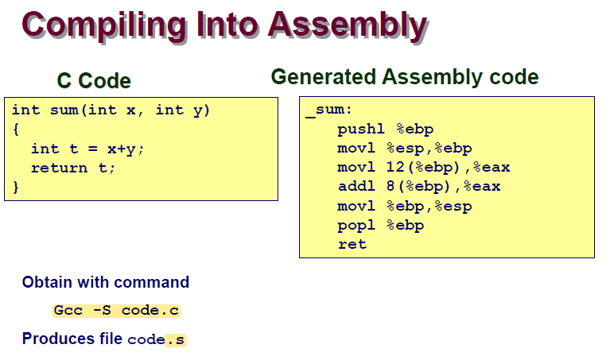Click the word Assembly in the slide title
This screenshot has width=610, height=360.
[x=348, y=25]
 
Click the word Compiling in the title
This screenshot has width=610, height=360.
[x=104, y=26]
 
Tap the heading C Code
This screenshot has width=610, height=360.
[x=94, y=81]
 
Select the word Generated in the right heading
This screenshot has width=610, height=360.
[x=323, y=76]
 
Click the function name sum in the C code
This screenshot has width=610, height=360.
[x=64, y=110]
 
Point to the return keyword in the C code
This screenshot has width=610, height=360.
[x=59, y=168]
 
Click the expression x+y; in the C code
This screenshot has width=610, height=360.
[x=126, y=149]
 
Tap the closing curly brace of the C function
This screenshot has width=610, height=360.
[x=16, y=188]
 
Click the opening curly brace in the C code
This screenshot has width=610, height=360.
[x=16, y=130]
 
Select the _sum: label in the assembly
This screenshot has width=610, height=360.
[x=328, y=110]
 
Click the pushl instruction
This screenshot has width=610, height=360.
[x=360, y=129]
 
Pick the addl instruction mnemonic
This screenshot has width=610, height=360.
[x=356, y=186]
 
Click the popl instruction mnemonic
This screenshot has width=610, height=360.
[x=356, y=226]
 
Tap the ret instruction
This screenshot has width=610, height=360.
[x=352, y=245]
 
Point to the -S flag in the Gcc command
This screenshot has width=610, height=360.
[x=102, y=311]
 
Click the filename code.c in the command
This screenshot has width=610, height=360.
[x=150, y=311]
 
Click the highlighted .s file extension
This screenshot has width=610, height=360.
[x=175, y=340]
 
